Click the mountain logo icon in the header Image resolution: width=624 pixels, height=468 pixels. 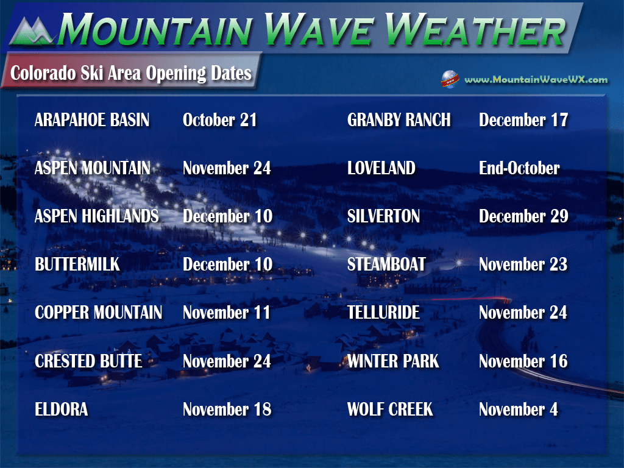pyautogui.click(x=32, y=30)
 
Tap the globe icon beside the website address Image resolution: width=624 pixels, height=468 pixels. pyautogui.click(x=450, y=79)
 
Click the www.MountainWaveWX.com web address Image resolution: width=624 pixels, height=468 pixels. pyautogui.click(x=536, y=80)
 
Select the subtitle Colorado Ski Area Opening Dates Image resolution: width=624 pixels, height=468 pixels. pyautogui.click(x=131, y=73)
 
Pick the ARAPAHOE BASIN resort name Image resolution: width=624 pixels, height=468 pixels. pyautogui.click(x=92, y=120)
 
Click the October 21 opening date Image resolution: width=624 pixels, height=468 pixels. pyautogui.click(x=219, y=120)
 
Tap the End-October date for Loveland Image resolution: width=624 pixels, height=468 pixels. pyautogui.click(x=519, y=168)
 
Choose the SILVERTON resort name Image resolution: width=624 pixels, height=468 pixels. pyautogui.click(x=383, y=216)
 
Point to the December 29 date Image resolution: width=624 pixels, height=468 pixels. pyautogui.click(x=523, y=216)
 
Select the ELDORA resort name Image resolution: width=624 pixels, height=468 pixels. pyautogui.click(x=62, y=409)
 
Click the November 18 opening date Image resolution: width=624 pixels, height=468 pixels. pyautogui.click(x=227, y=409)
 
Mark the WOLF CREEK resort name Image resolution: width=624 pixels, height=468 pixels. pyautogui.click(x=390, y=409)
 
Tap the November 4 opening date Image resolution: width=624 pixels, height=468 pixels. pyautogui.click(x=518, y=409)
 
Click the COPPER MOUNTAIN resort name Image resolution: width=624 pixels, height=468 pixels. pyautogui.click(x=98, y=313)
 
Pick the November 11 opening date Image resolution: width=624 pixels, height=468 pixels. pyautogui.click(x=226, y=313)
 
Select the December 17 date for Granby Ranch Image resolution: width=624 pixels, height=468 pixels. pyautogui.click(x=523, y=120)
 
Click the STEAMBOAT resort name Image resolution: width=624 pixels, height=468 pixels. pyautogui.click(x=386, y=264)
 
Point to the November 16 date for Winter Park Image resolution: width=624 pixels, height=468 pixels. pyautogui.click(x=523, y=361)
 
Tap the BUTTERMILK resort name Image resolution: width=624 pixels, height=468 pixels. pyautogui.click(x=77, y=264)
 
